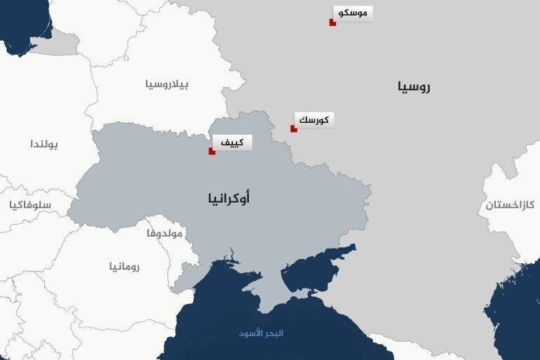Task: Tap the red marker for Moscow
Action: tap(332, 23)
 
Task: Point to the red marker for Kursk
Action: tap(294, 129)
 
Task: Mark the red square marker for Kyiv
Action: tap(212, 151)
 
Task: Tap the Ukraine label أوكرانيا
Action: tap(229, 199)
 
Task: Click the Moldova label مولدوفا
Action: tap(163, 232)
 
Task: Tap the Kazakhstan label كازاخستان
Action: tap(510, 205)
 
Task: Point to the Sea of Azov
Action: tap(319, 263)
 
